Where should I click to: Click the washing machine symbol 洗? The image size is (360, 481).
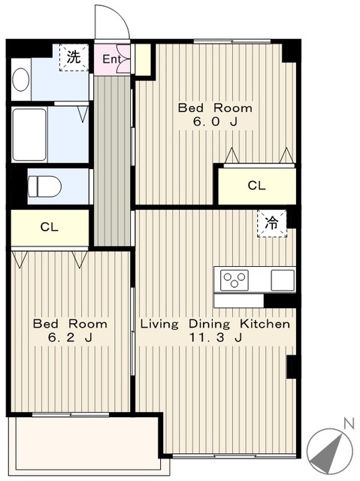click(74, 57)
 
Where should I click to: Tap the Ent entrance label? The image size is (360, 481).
click(110, 59)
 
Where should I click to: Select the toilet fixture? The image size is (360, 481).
click(45, 186)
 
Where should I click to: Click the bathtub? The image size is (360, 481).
click(29, 135)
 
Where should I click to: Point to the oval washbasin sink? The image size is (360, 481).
click(21, 79)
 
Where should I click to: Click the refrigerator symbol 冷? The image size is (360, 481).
click(272, 224)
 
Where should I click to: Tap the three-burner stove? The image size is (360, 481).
click(234, 280)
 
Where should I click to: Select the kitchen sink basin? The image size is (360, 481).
click(283, 280)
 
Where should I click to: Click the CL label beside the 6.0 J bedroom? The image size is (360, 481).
click(257, 186)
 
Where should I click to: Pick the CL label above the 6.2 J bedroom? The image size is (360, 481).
click(50, 227)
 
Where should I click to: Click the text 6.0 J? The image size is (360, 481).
click(215, 122)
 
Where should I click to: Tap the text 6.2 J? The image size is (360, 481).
click(70, 337)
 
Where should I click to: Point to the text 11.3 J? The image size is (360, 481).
click(216, 337)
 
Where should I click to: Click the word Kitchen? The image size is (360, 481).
click(265, 324)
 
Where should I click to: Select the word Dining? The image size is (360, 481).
click(209, 324)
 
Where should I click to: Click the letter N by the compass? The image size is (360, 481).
click(349, 424)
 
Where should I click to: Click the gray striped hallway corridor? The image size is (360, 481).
click(112, 161)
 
